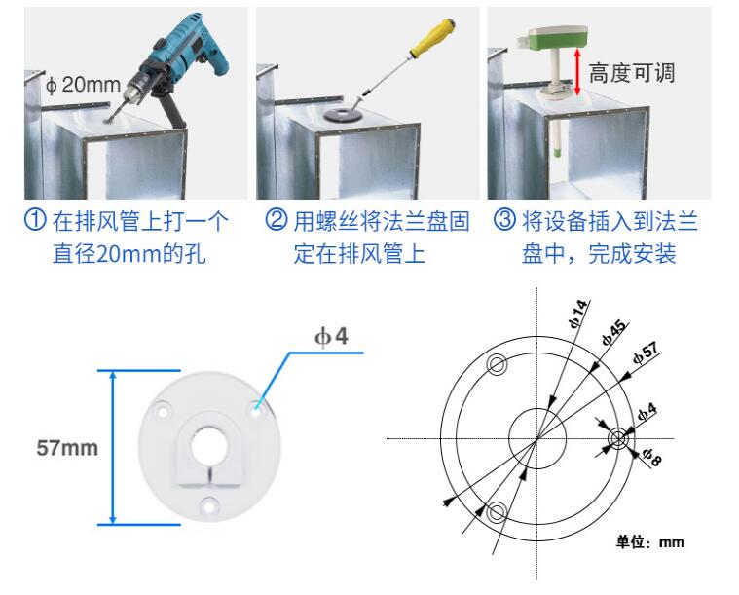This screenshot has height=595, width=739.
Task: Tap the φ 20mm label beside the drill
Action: tap(83, 84)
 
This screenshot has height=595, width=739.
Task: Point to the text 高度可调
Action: tap(632, 72)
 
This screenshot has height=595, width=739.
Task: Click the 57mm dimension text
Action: tap(68, 449)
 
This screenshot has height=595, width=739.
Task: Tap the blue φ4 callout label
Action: tap(331, 337)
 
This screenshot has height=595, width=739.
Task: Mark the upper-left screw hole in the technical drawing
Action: tap(497, 365)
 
